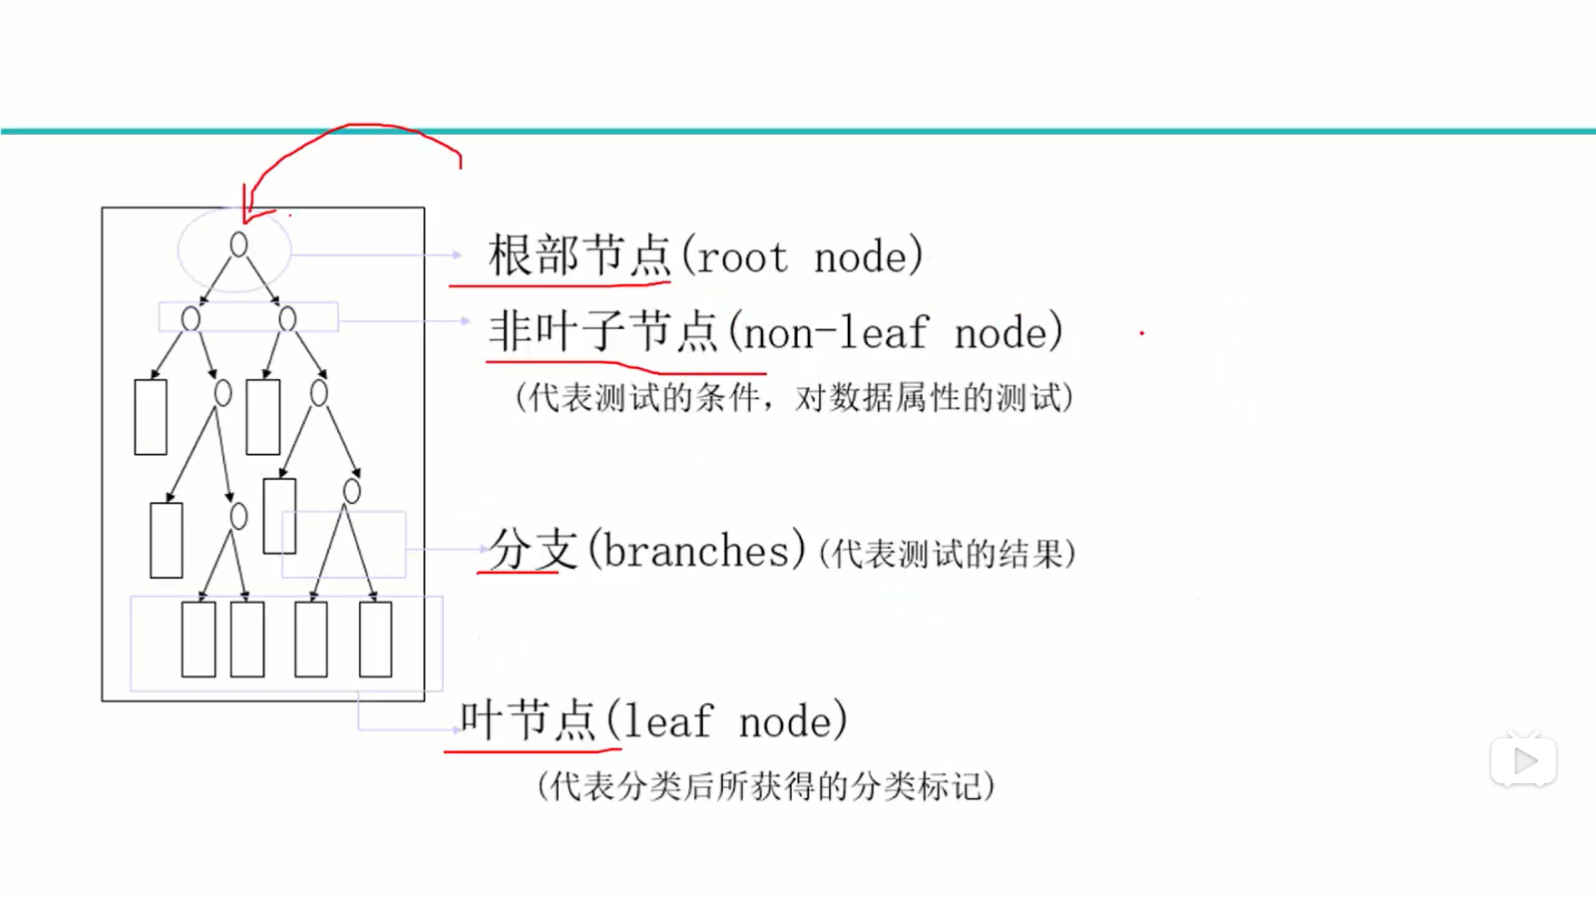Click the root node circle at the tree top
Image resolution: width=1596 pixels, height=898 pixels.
[238, 244]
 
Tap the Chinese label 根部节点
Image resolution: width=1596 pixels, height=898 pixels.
[579, 255]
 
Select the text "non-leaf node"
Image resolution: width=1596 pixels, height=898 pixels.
[895, 333]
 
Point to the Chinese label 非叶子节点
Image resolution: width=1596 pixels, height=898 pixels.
[602, 331]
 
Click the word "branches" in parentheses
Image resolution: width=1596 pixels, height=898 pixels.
[696, 551]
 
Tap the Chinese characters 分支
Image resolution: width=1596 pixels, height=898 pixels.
[533, 550]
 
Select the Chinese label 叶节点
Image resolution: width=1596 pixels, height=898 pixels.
[528, 719]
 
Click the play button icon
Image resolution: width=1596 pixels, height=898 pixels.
[1523, 761]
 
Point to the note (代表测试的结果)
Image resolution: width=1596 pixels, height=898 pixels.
[947, 554]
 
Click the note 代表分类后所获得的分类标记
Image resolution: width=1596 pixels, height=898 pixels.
[765, 786]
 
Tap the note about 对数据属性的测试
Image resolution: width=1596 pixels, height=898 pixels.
[934, 398]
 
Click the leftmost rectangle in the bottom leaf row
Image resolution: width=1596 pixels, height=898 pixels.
[199, 640]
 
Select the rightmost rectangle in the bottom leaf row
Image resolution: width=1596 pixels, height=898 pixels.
[375, 640]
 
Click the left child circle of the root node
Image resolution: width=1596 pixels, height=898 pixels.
[191, 318]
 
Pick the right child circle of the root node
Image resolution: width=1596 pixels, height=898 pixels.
[287, 318]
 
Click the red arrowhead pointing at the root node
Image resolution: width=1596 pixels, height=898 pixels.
[246, 212]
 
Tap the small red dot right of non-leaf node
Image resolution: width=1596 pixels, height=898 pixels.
[1141, 333]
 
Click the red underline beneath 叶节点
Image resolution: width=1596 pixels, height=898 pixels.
[533, 749]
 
